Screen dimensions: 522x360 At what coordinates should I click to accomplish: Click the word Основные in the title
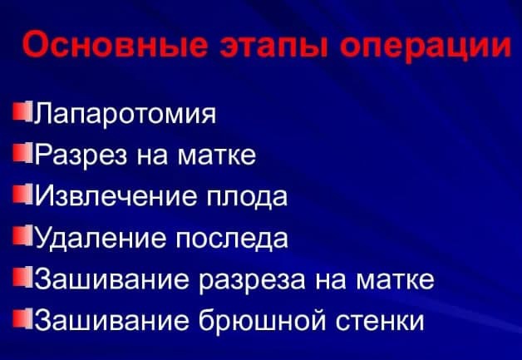114,44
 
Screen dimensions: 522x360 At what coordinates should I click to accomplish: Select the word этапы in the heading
272,46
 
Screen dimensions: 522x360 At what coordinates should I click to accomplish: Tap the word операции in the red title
425,47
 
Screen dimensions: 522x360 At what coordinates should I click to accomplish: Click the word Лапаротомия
126,114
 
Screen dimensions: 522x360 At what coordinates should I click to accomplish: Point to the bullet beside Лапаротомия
22,111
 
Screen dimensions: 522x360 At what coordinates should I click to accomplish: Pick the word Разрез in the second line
81,155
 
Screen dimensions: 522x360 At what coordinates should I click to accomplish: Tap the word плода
247,197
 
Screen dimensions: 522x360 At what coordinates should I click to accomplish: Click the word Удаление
101,238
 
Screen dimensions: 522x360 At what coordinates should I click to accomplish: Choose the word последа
232,239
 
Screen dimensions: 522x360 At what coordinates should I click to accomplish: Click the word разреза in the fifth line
252,280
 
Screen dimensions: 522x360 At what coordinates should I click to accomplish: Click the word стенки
380,321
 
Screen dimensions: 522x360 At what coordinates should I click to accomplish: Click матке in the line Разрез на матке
217,155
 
